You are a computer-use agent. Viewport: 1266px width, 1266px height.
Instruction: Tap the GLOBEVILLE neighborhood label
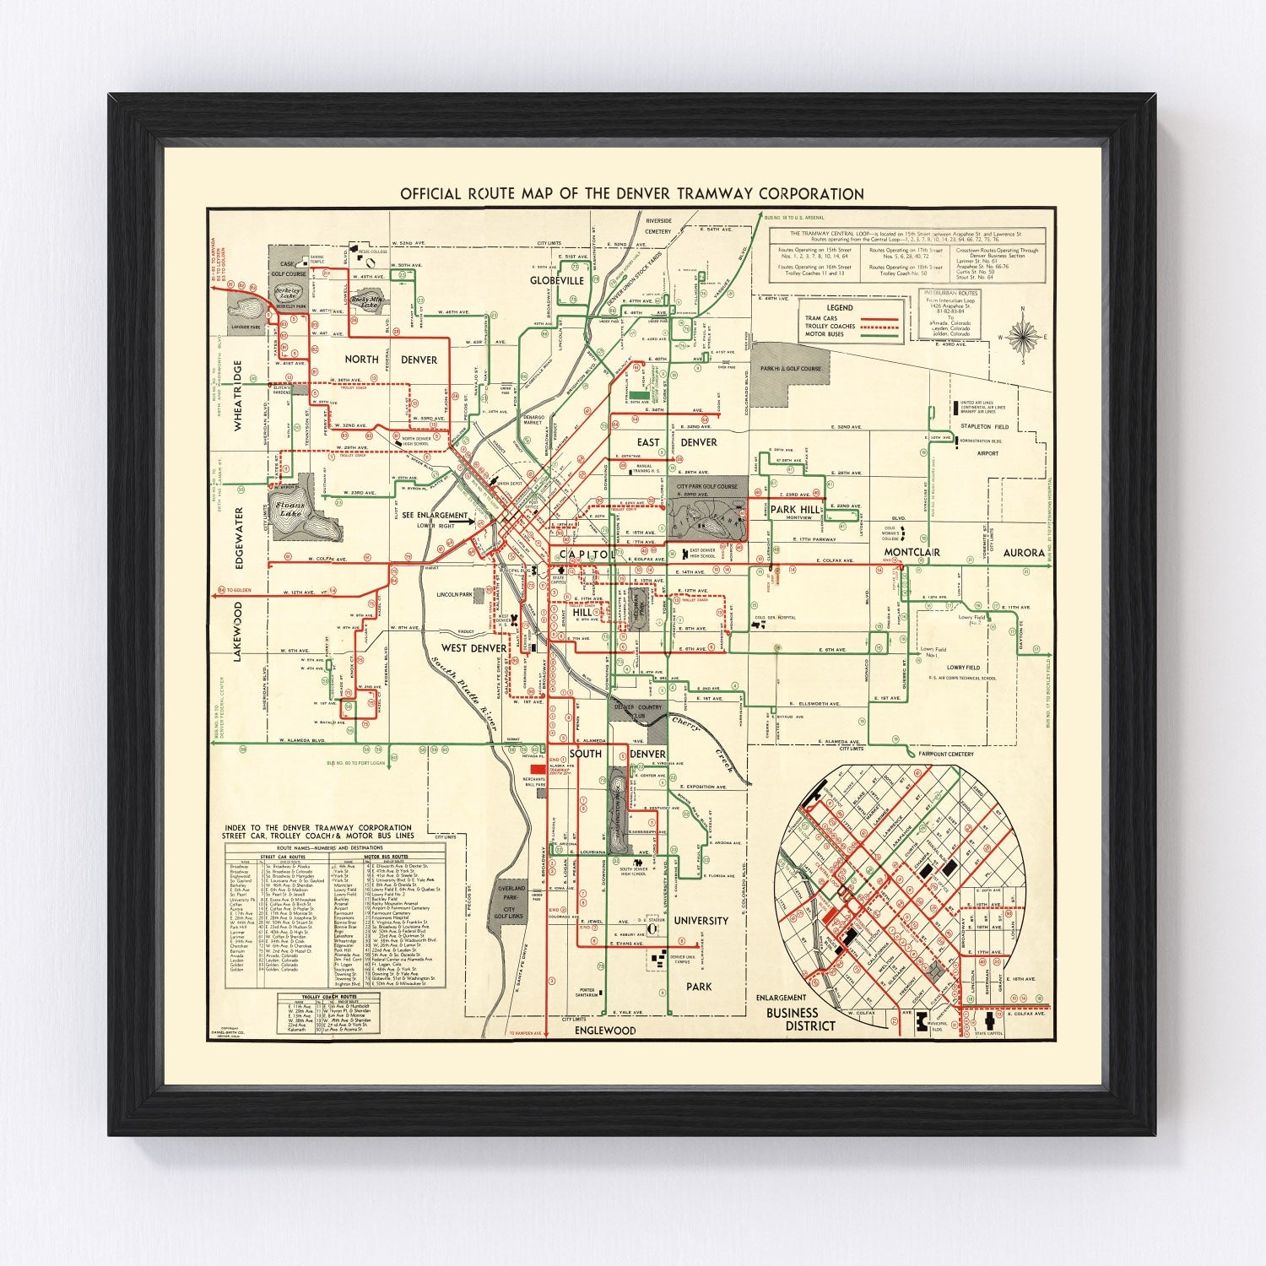(557, 280)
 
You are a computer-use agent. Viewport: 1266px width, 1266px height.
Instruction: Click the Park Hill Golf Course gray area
(789, 368)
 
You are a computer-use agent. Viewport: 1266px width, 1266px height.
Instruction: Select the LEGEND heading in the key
(839, 307)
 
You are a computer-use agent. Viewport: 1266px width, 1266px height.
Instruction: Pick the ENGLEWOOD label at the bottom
(604, 1031)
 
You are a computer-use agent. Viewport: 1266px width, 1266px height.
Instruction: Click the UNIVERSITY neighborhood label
(701, 921)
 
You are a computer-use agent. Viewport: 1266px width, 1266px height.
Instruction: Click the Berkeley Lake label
(292, 290)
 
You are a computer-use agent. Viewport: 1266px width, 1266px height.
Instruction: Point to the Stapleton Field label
(984, 427)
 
